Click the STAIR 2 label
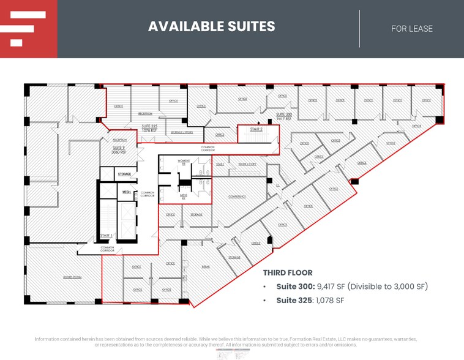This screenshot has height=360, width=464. pyautogui.click(x=256, y=129)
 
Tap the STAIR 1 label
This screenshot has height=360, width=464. pyautogui.click(x=105, y=235)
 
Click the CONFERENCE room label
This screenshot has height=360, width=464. pyautogui.click(x=237, y=197)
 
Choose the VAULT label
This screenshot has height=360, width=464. pyautogui.click(x=220, y=165)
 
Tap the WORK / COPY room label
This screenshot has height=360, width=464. pyautogui.click(x=247, y=165)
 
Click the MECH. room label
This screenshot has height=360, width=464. pyautogui.click(x=126, y=192)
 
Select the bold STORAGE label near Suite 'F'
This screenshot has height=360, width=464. pyautogui.click(x=125, y=174)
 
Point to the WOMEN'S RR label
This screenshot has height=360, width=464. pyautogui.click(x=184, y=162)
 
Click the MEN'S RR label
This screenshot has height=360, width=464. pyautogui.click(x=184, y=197)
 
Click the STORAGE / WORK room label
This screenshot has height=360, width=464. pyautogui.click(x=182, y=132)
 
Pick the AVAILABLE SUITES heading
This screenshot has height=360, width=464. pyautogui.click(x=212, y=26)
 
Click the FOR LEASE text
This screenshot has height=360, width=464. pyautogui.click(x=412, y=28)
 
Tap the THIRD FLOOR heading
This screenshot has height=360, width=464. pyautogui.click(x=288, y=273)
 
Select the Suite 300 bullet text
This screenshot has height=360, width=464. pyautogui.click(x=351, y=287)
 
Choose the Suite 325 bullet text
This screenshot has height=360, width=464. pyautogui.click(x=310, y=300)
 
